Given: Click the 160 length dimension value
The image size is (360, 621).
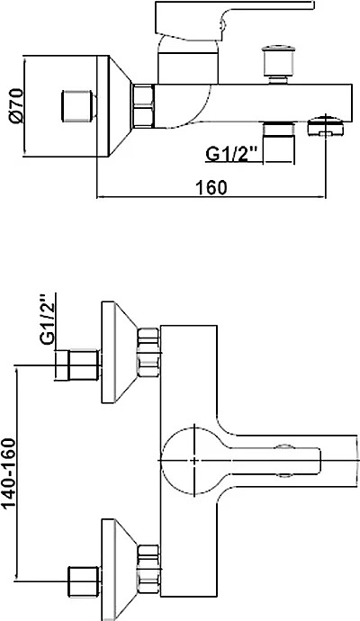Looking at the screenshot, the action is click(211, 187).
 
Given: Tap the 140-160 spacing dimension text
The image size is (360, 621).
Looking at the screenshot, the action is click(9, 473).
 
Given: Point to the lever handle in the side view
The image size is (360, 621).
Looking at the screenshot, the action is click(235, 21).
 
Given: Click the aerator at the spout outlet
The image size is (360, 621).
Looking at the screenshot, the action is click(326, 126).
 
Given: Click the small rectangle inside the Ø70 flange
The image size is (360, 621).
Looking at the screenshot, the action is click(76, 106).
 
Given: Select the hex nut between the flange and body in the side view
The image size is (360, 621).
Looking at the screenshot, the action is click(142, 106).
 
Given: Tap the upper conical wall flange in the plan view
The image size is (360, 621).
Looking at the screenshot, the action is click(119, 353).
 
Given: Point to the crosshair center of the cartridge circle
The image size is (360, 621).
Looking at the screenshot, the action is click(194, 460).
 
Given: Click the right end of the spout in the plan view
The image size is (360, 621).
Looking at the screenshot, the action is click(357, 460).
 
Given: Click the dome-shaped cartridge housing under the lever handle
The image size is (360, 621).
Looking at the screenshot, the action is click(188, 58).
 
